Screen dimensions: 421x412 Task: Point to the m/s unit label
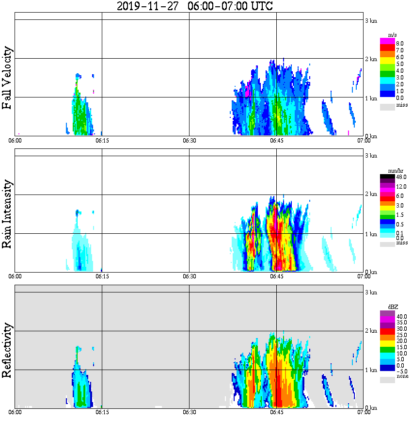pos(393,35)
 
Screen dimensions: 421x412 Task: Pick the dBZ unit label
pos(393,307)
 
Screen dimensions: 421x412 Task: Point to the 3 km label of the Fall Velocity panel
pos(371,21)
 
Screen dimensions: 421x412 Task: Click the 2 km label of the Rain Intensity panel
pos(371,194)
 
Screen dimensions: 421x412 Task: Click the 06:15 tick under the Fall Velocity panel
pos(101,141)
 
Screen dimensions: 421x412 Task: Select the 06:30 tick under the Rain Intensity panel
pos(189,276)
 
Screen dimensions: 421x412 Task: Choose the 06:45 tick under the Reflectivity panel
pos(276,412)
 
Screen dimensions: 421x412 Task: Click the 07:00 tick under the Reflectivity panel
pos(364,412)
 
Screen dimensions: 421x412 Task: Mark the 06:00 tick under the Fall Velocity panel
pos(15,141)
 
